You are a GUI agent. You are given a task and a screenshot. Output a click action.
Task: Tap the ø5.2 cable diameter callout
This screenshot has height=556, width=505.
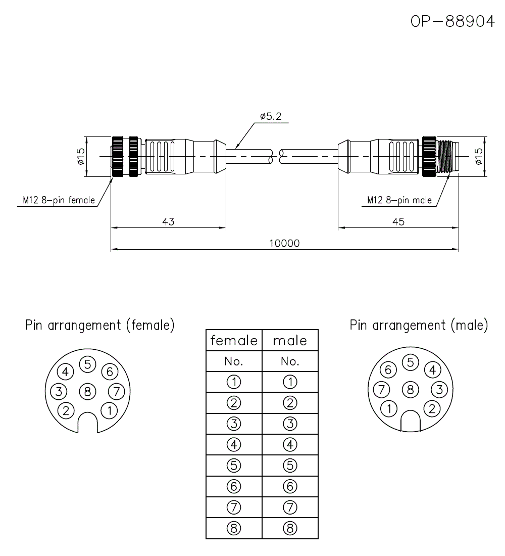click(271, 116)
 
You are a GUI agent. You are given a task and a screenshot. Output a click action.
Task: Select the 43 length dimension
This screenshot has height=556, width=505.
click(168, 221)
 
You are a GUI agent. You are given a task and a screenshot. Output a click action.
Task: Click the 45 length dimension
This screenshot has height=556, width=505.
click(398, 221)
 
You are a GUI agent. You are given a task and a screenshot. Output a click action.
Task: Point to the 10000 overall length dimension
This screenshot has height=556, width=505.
click(284, 243)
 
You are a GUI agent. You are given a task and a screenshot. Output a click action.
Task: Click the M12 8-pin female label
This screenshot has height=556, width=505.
click(59, 200)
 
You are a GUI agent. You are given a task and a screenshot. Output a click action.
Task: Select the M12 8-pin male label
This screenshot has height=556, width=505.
click(399, 200)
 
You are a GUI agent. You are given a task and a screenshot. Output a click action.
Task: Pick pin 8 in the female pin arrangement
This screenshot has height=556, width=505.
click(87, 391)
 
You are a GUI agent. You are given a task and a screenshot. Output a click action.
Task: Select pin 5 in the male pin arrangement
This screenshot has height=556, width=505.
click(410, 362)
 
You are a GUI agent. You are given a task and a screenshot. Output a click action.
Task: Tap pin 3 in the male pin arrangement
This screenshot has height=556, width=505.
click(439, 389)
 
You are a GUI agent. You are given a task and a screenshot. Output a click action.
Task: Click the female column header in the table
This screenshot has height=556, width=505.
click(234, 341)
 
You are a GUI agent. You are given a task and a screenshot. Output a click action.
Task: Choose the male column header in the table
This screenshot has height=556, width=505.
click(290, 341)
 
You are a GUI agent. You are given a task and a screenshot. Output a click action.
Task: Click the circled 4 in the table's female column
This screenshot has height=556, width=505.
click(234, 445)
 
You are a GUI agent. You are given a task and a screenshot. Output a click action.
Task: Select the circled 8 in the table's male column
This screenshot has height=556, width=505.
click(290, 529)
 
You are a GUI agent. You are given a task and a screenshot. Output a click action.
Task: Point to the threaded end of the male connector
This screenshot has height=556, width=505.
click(448, 157)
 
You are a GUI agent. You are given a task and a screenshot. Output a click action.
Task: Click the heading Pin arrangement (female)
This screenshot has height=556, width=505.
click(100, 325)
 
